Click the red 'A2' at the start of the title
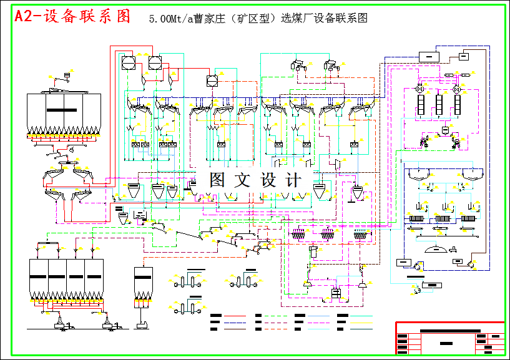(x=27, y=17)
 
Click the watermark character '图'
(x=218, y=180)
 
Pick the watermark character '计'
(x=293, y=180)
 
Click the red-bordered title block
(x=449, y=338)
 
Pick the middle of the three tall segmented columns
(x=439, y=104)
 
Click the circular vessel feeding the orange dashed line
(x=212, y=80)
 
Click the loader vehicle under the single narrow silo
(x=142, y=323)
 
